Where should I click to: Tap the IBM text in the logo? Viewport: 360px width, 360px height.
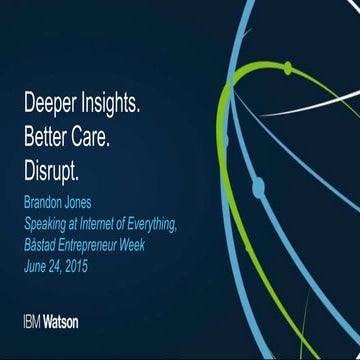coord(32,322)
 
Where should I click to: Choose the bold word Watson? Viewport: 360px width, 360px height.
coord(62,322)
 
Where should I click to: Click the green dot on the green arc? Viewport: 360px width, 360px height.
coord(287,68)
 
